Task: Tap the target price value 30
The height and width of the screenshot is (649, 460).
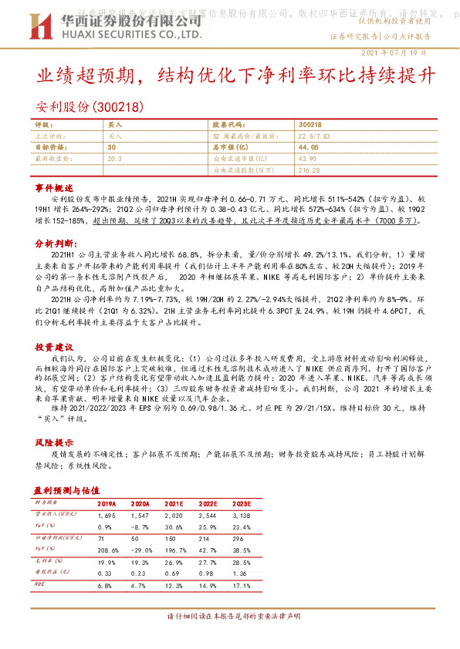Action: pyautogui.click(x=112, y=146)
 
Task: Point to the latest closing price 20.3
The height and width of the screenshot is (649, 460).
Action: pyautogui.click(x=115, y=157)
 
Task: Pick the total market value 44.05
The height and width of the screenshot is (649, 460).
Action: pyautogui.click(x=308, y=146)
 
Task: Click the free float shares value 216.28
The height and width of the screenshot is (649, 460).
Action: pyautogui.click(x=309, y=169)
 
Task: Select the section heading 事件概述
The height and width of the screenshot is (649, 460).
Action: pyautogui.click(x=54, y=187)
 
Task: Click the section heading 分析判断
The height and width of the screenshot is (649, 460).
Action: pyautogui.click(x=54, y=242)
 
